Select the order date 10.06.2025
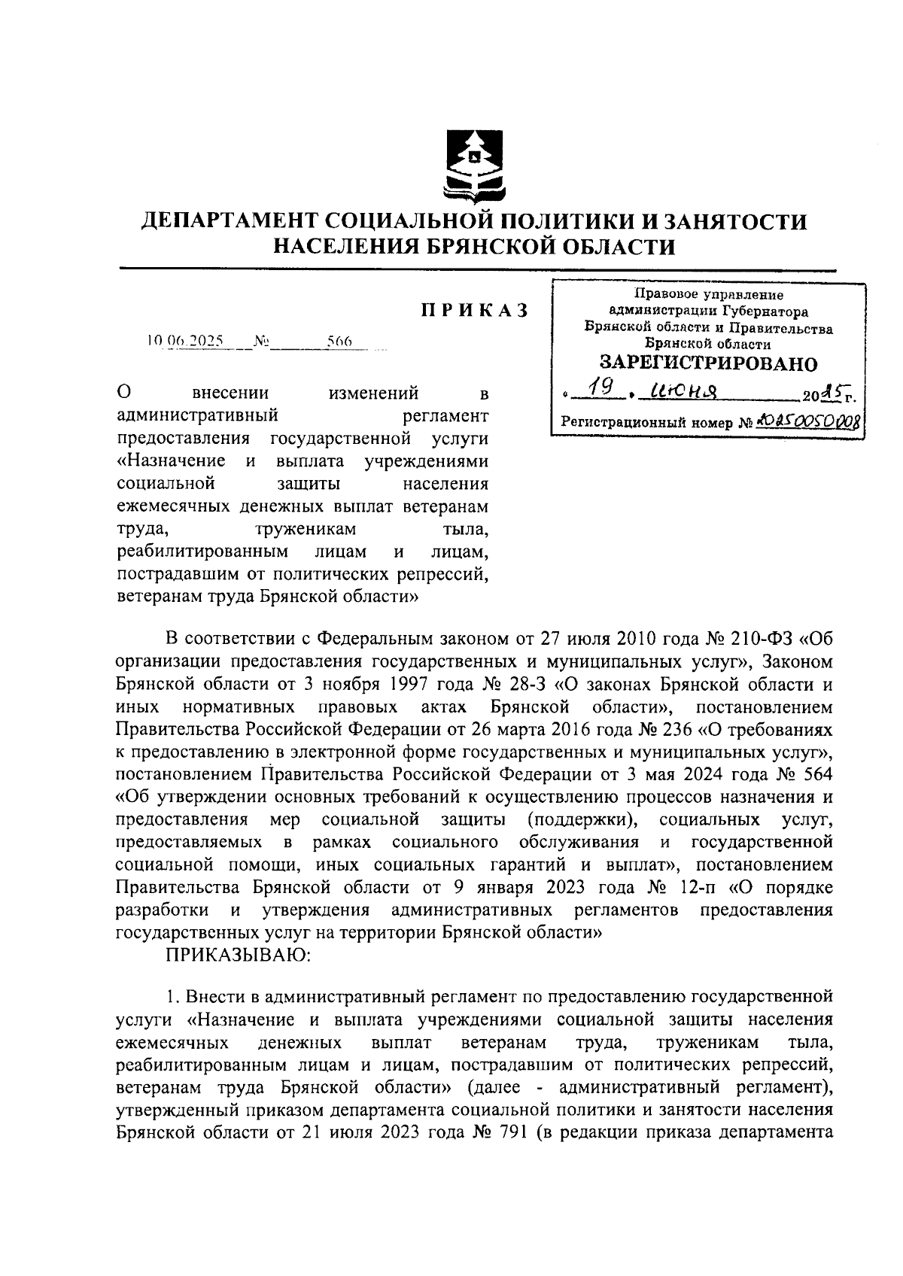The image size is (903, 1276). [185, 342]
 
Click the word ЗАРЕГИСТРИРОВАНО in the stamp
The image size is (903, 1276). [708, 364]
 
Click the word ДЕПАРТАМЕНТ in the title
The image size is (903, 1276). [231, 222]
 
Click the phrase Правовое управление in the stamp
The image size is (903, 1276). [707, 296]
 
